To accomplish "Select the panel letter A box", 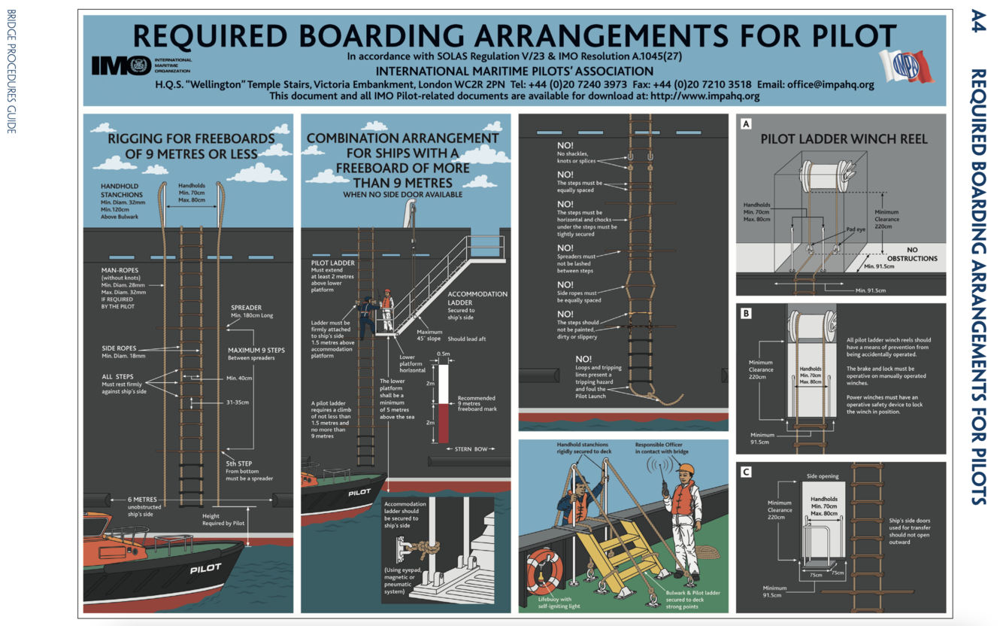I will point(746,125).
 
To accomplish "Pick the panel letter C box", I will point(746,473).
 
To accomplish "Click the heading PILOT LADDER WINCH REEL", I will point(844,139).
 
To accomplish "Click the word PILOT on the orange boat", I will point(205,569).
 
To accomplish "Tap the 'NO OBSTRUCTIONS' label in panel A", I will point(912,254).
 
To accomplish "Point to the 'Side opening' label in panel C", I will point(822,476).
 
